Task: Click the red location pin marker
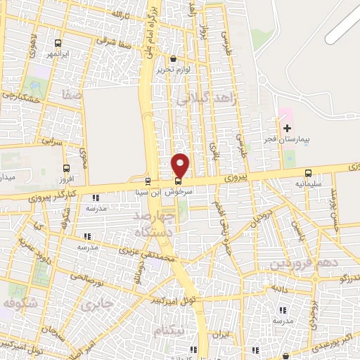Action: point(181,165)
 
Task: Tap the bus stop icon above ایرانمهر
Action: point(58,42)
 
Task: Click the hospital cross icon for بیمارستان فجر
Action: point(287,128)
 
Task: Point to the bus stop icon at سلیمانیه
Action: point(308,173)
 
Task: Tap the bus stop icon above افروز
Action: point(67,168)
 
